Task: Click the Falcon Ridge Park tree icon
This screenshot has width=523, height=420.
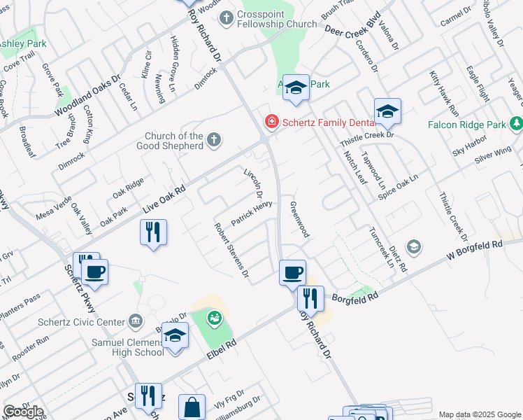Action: tap(517, 124)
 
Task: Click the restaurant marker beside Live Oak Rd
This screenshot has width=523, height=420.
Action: tap(153, 231)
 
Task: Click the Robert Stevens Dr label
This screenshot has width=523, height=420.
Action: tap(232, 250)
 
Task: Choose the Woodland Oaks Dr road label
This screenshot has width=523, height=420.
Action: tap(87, 95)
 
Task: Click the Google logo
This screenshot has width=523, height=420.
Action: tap(23, 412)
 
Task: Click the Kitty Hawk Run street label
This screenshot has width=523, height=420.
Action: tap(444, 93)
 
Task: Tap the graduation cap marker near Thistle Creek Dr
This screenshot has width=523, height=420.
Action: tap(387, 111)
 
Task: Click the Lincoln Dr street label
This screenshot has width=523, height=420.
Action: tap(253, 183)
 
